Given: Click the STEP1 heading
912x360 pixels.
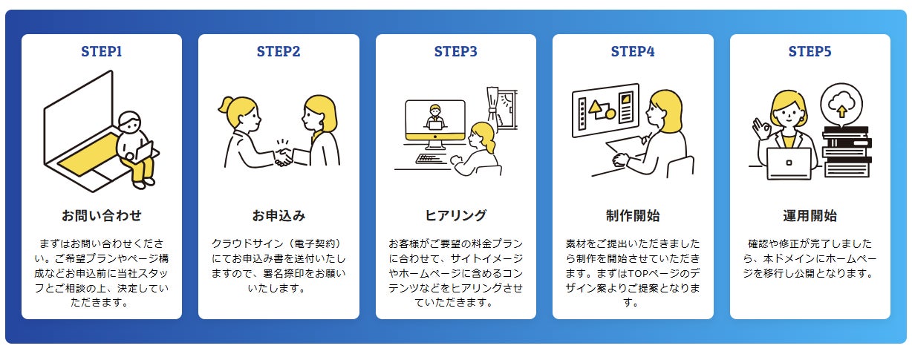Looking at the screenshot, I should tap(102, 52).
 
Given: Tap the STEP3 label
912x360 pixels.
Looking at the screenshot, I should tap(455, 52).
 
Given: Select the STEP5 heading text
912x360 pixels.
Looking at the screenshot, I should tap(810, 52).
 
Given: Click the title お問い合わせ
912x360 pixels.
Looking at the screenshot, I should tap(102, 216).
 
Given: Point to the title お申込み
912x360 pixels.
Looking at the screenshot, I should tap(279, 216).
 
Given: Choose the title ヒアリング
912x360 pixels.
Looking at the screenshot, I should tap(455, 216).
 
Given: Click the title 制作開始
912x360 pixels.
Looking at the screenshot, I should tap(633, 216).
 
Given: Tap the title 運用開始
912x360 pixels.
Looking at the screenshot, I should tap(810, 216).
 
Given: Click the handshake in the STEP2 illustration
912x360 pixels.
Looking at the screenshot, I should tap(283, 156).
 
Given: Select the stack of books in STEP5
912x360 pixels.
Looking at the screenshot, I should tap(847, 152).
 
